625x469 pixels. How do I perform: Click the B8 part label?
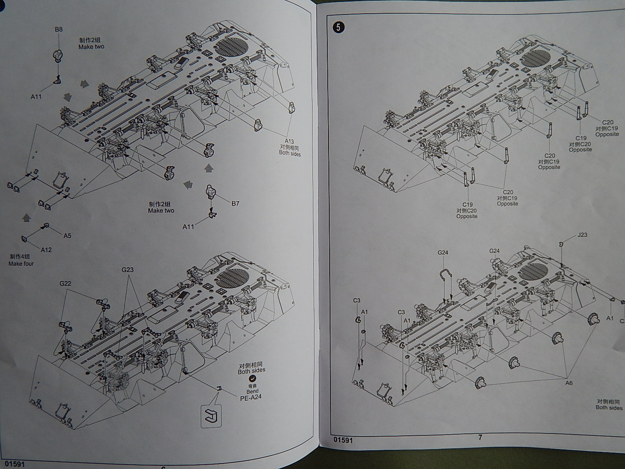(59, 29)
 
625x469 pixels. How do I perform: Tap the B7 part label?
(235, 203)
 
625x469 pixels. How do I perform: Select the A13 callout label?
(289, 141)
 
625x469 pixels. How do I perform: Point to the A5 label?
(67, 236)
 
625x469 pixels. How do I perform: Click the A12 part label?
(46, 250)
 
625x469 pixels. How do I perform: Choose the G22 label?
(65, 283)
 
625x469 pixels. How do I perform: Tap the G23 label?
(127, 270)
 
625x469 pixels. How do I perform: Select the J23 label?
(582, 235)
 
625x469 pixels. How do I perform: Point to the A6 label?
(569, 383)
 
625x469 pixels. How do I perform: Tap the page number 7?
(480, 437)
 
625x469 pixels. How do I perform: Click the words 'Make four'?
(21, 264)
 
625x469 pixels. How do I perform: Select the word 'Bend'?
(252, 391)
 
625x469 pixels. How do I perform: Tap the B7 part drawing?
(213, 192)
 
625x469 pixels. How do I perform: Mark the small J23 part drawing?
(561, 244)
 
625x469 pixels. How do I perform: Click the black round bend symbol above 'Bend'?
(253, 378)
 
